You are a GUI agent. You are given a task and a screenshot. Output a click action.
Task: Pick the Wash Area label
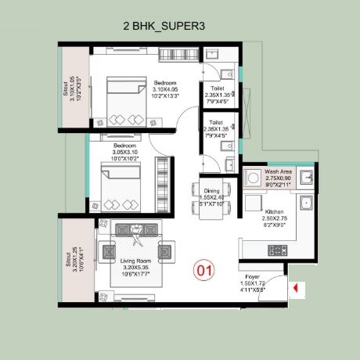279,171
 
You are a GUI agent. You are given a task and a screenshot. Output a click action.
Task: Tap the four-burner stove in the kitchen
279,250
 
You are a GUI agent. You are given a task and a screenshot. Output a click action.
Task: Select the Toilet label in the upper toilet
218,88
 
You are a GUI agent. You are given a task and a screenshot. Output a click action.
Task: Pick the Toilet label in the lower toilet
218,123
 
